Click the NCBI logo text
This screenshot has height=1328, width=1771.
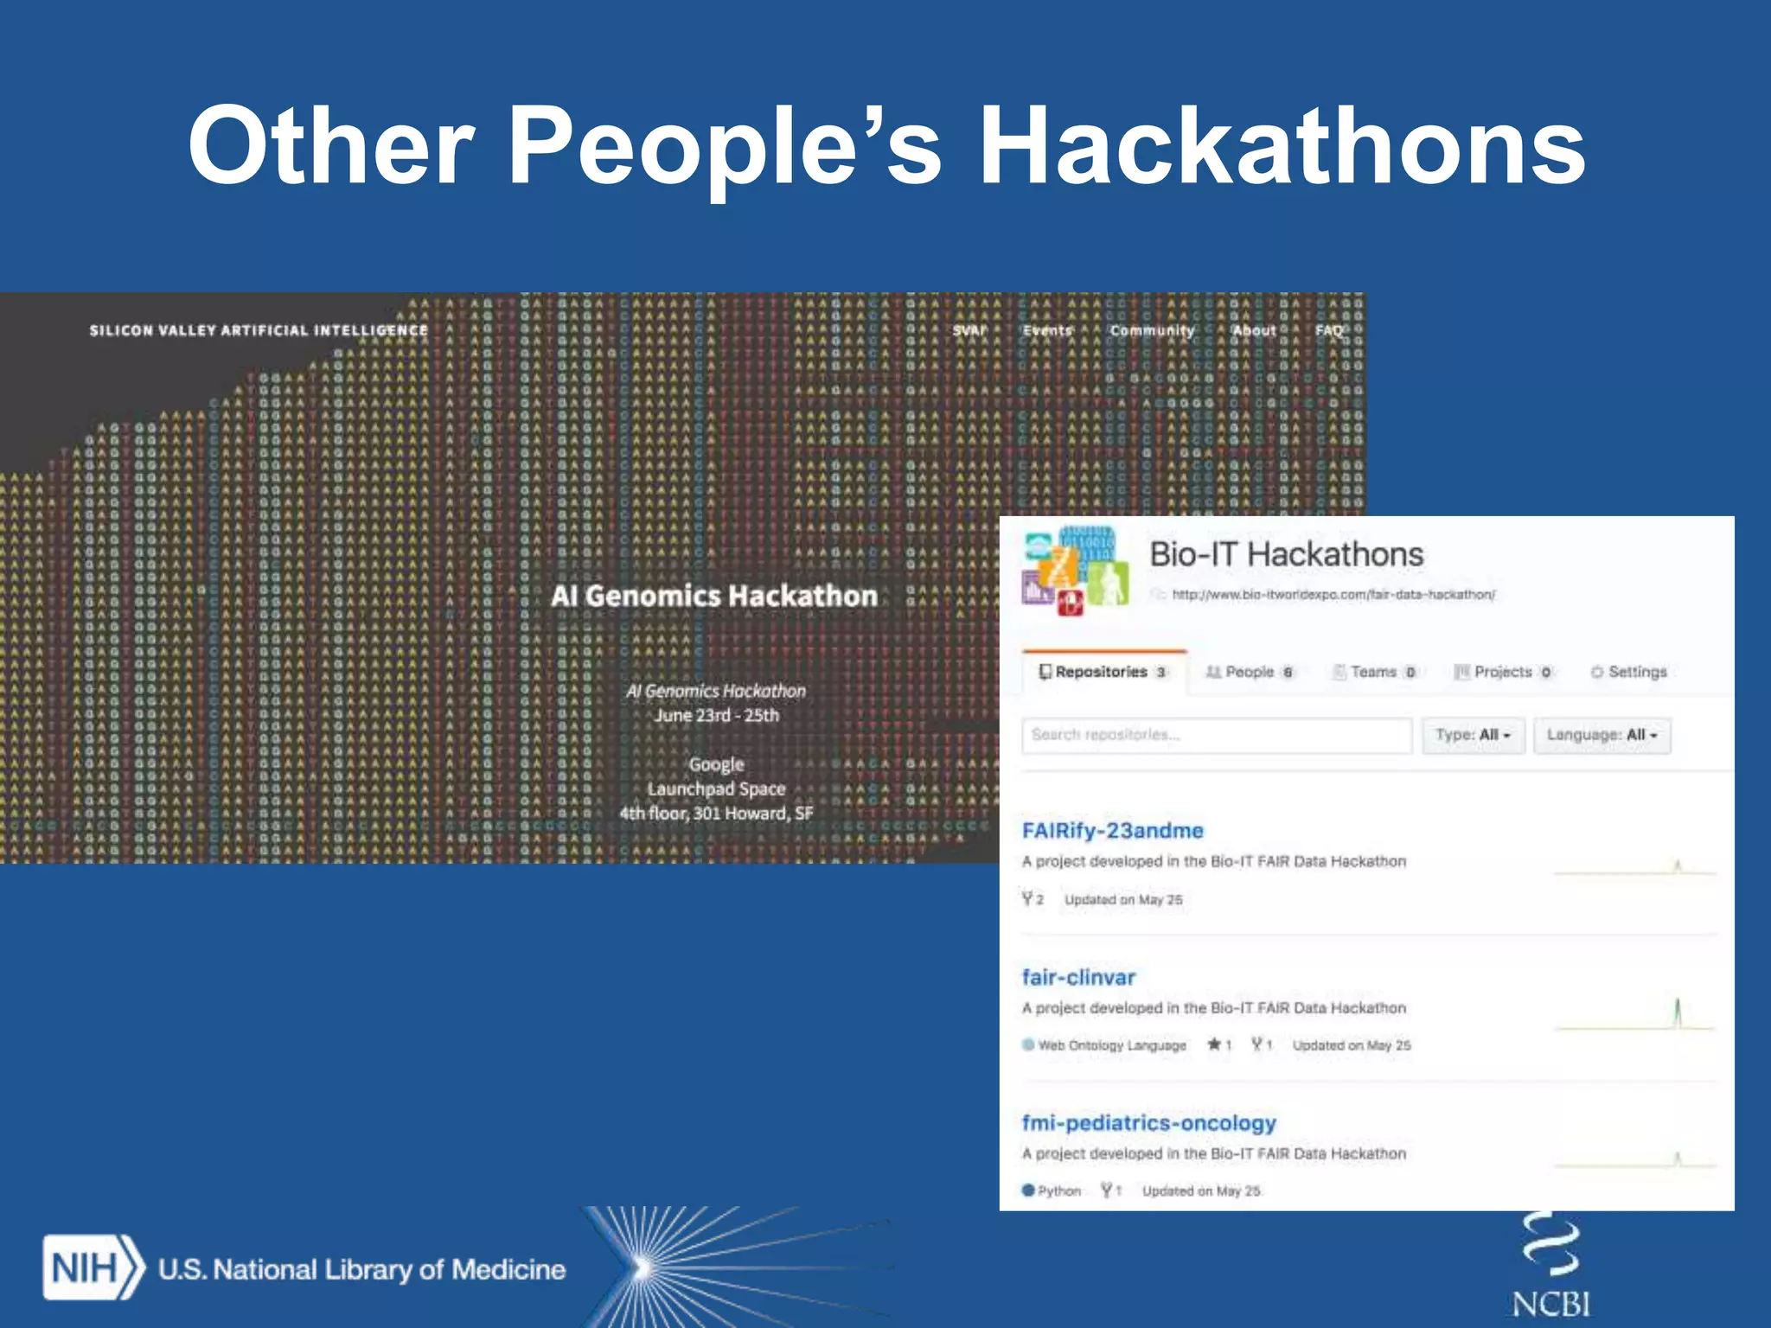pyautogui.click(x=1551, y=1304)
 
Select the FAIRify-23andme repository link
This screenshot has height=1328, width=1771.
pyautogui.click(x=1112, y=830)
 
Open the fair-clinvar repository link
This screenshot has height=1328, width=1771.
pyautogui.click(x=1077, y=977)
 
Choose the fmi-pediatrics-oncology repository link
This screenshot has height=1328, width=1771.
pyautogui.click(x=1148, y=1122)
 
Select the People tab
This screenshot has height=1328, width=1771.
pyautogui.click(x=1250, y=672)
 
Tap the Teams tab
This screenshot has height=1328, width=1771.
pyautogui.click(x=1373, y=672)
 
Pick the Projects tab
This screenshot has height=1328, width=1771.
pyautogui.click(x=1503, y=672)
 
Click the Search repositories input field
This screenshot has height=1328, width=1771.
pyautogui.click(x=1216, y=735)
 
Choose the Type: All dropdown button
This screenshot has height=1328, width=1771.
pyautogui.click(x=1473, y=735)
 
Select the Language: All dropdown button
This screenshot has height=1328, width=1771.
pyautogui.click(x=1602, y=735)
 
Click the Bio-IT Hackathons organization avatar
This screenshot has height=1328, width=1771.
pyautogui.click(x=1075, y=571)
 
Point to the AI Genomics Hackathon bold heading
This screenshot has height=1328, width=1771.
pyautogui.click(x=714, y=596)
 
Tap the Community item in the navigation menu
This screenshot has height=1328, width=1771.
pyautogui.click(x=1152, y=330)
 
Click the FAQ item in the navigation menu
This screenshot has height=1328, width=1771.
pyautogui.click(x=1328, y=330)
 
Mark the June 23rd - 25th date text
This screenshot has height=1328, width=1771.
pyautogui.click(x=716, y=715)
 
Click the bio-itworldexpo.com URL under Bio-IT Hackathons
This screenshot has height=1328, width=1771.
pyautogui.click(x=1333, y=594)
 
